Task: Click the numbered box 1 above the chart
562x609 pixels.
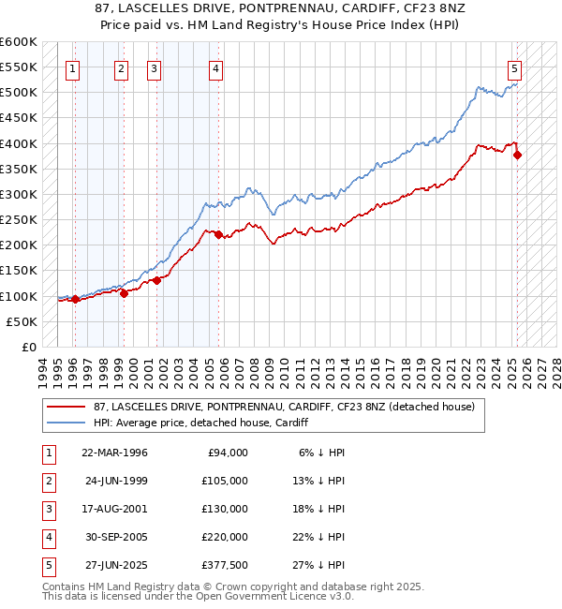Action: click(x=73, y=67)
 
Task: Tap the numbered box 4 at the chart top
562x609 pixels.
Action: click(x=215, y=67)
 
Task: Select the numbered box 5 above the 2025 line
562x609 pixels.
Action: click(x=515, y=67)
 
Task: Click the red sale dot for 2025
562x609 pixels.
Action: click(x=518, y=156)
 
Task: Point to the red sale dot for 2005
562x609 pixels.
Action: click(x=218, y=235)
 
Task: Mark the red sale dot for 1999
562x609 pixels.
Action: click(x=124, y=293)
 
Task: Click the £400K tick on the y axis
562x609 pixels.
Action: click(x=18, y=143)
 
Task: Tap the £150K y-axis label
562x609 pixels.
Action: click(x=18, y=271)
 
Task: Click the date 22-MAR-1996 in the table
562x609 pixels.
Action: click(x=114, y=453)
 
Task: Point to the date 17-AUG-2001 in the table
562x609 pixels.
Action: click(x=114, y=509)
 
